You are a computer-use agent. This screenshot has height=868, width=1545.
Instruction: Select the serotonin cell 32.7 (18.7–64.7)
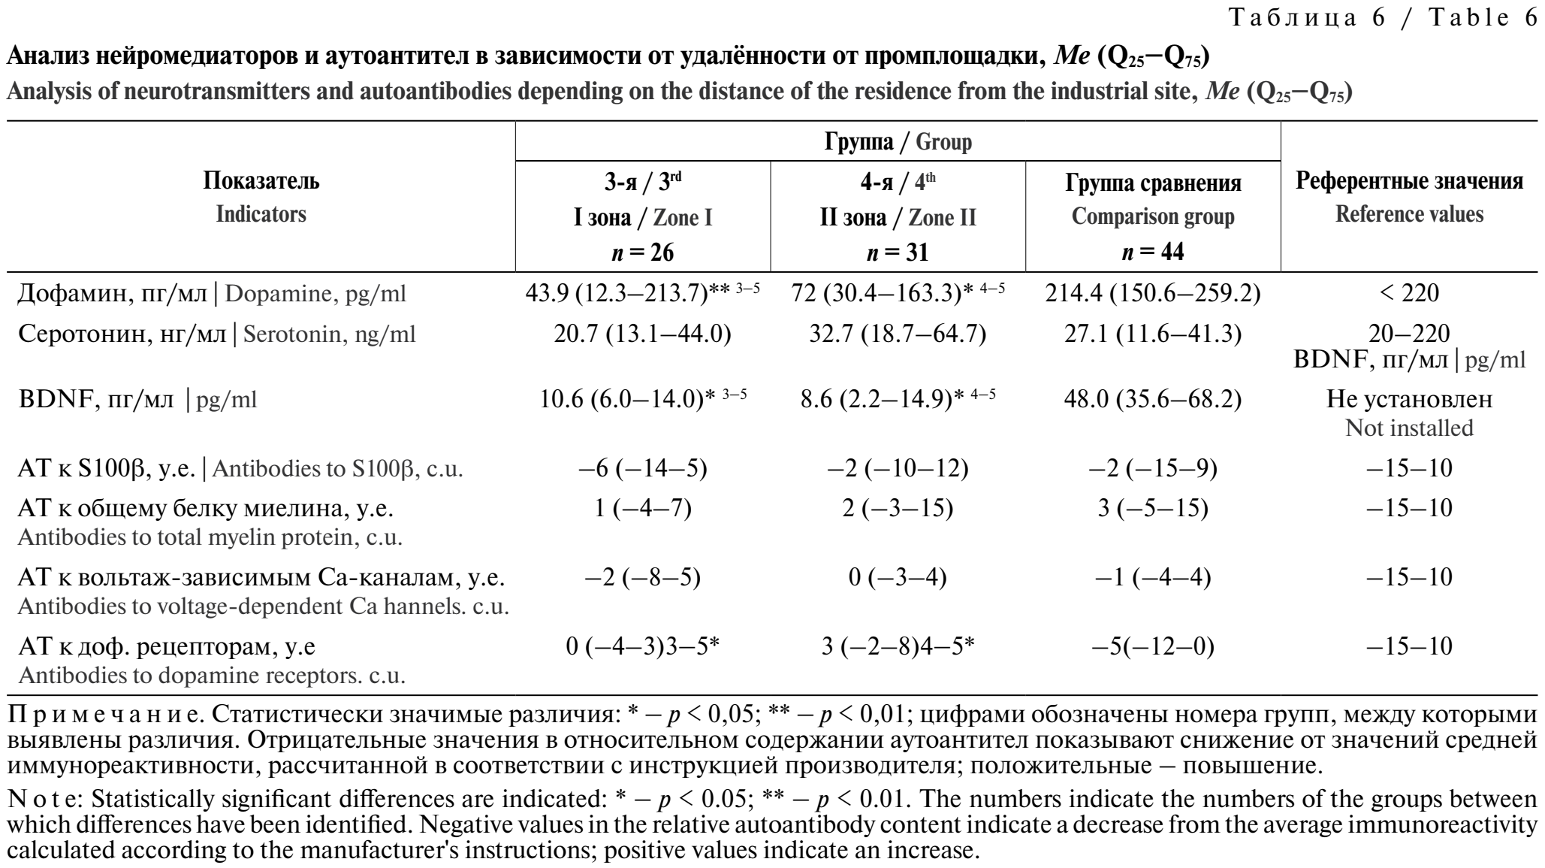pos(898,333)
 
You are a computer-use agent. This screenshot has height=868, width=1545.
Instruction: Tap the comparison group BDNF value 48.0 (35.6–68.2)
pos(1153,399)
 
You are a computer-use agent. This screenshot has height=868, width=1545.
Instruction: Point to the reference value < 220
pos(1409,292)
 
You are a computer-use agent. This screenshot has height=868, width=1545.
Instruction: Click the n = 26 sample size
pos(643,252)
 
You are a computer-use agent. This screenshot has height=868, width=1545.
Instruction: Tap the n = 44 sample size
pos(1153,252)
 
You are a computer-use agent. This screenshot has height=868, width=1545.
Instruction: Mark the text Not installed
pos(1409,428)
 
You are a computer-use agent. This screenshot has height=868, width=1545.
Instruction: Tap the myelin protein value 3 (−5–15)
pos(1153,508)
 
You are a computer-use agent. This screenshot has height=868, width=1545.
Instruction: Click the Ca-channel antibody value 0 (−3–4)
pos(898,577)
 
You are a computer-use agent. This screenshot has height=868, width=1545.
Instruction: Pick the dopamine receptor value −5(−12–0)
pos(1153,646)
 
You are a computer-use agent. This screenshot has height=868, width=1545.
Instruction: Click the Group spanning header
pos(898,141)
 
